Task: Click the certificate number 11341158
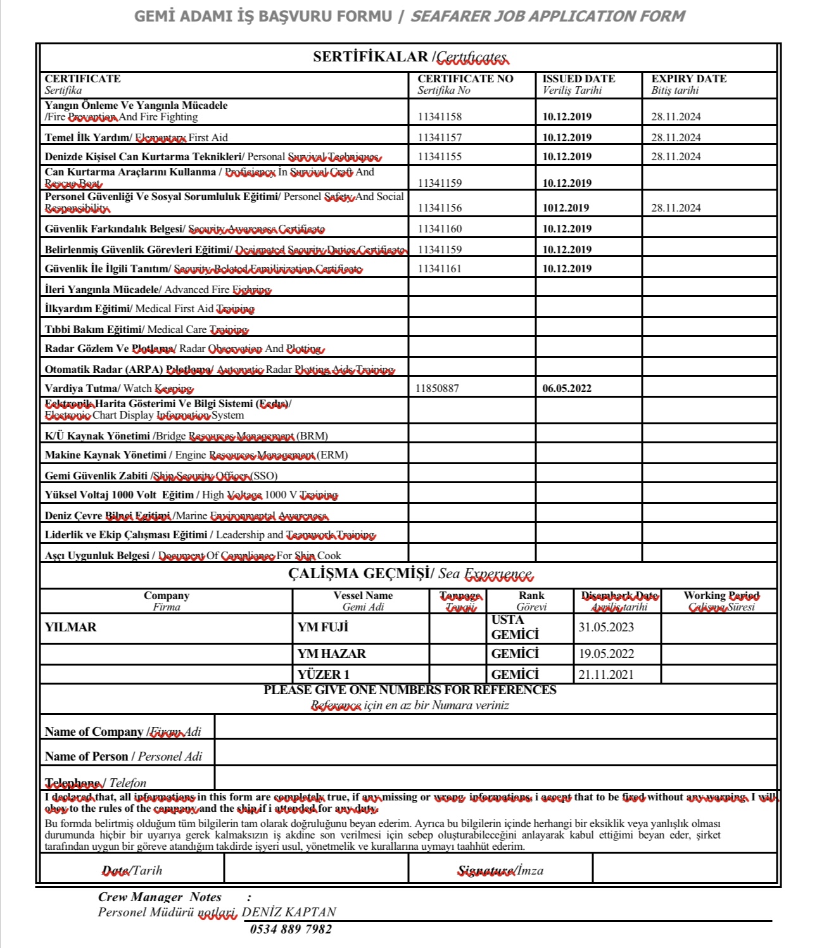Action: pyautogui.click(x=440, y=117)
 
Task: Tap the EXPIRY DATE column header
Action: pyautogui.click(x=688, y=79)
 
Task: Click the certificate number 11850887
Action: pyautogui.click(x=437, y=388)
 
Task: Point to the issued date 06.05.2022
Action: pyautogui.click(x=567, y=388)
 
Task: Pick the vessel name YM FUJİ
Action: pyautogui.click(x=323, y=627)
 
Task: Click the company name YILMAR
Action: pyautogui.click(x=70, y=627)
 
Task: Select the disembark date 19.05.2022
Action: pyautogui.click(x=605, y=654)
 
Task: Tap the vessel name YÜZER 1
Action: pyautogui.click(x=323, y=674)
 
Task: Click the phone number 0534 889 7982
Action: pyautogui.click(x=291, y=929)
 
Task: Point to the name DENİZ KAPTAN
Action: pyautogui.click(x=289, y=912)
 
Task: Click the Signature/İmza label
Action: pyautogui.click(x=500, y=870)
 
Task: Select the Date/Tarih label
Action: pyautogui.click(x=132, y=870)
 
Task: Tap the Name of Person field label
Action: pyautogui.click(x=123, y=756)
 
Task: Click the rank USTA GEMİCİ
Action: pyautogui.click(x=515, y=627)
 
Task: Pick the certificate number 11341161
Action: pyautogui.click(x=440, y=269)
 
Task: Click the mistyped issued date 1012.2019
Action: pyautogui.click(x=566, y=208)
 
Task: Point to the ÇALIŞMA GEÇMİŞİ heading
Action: pyautogui.click(x=409, y=574)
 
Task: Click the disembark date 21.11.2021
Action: pyautogui.click(x=605, y=674)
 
